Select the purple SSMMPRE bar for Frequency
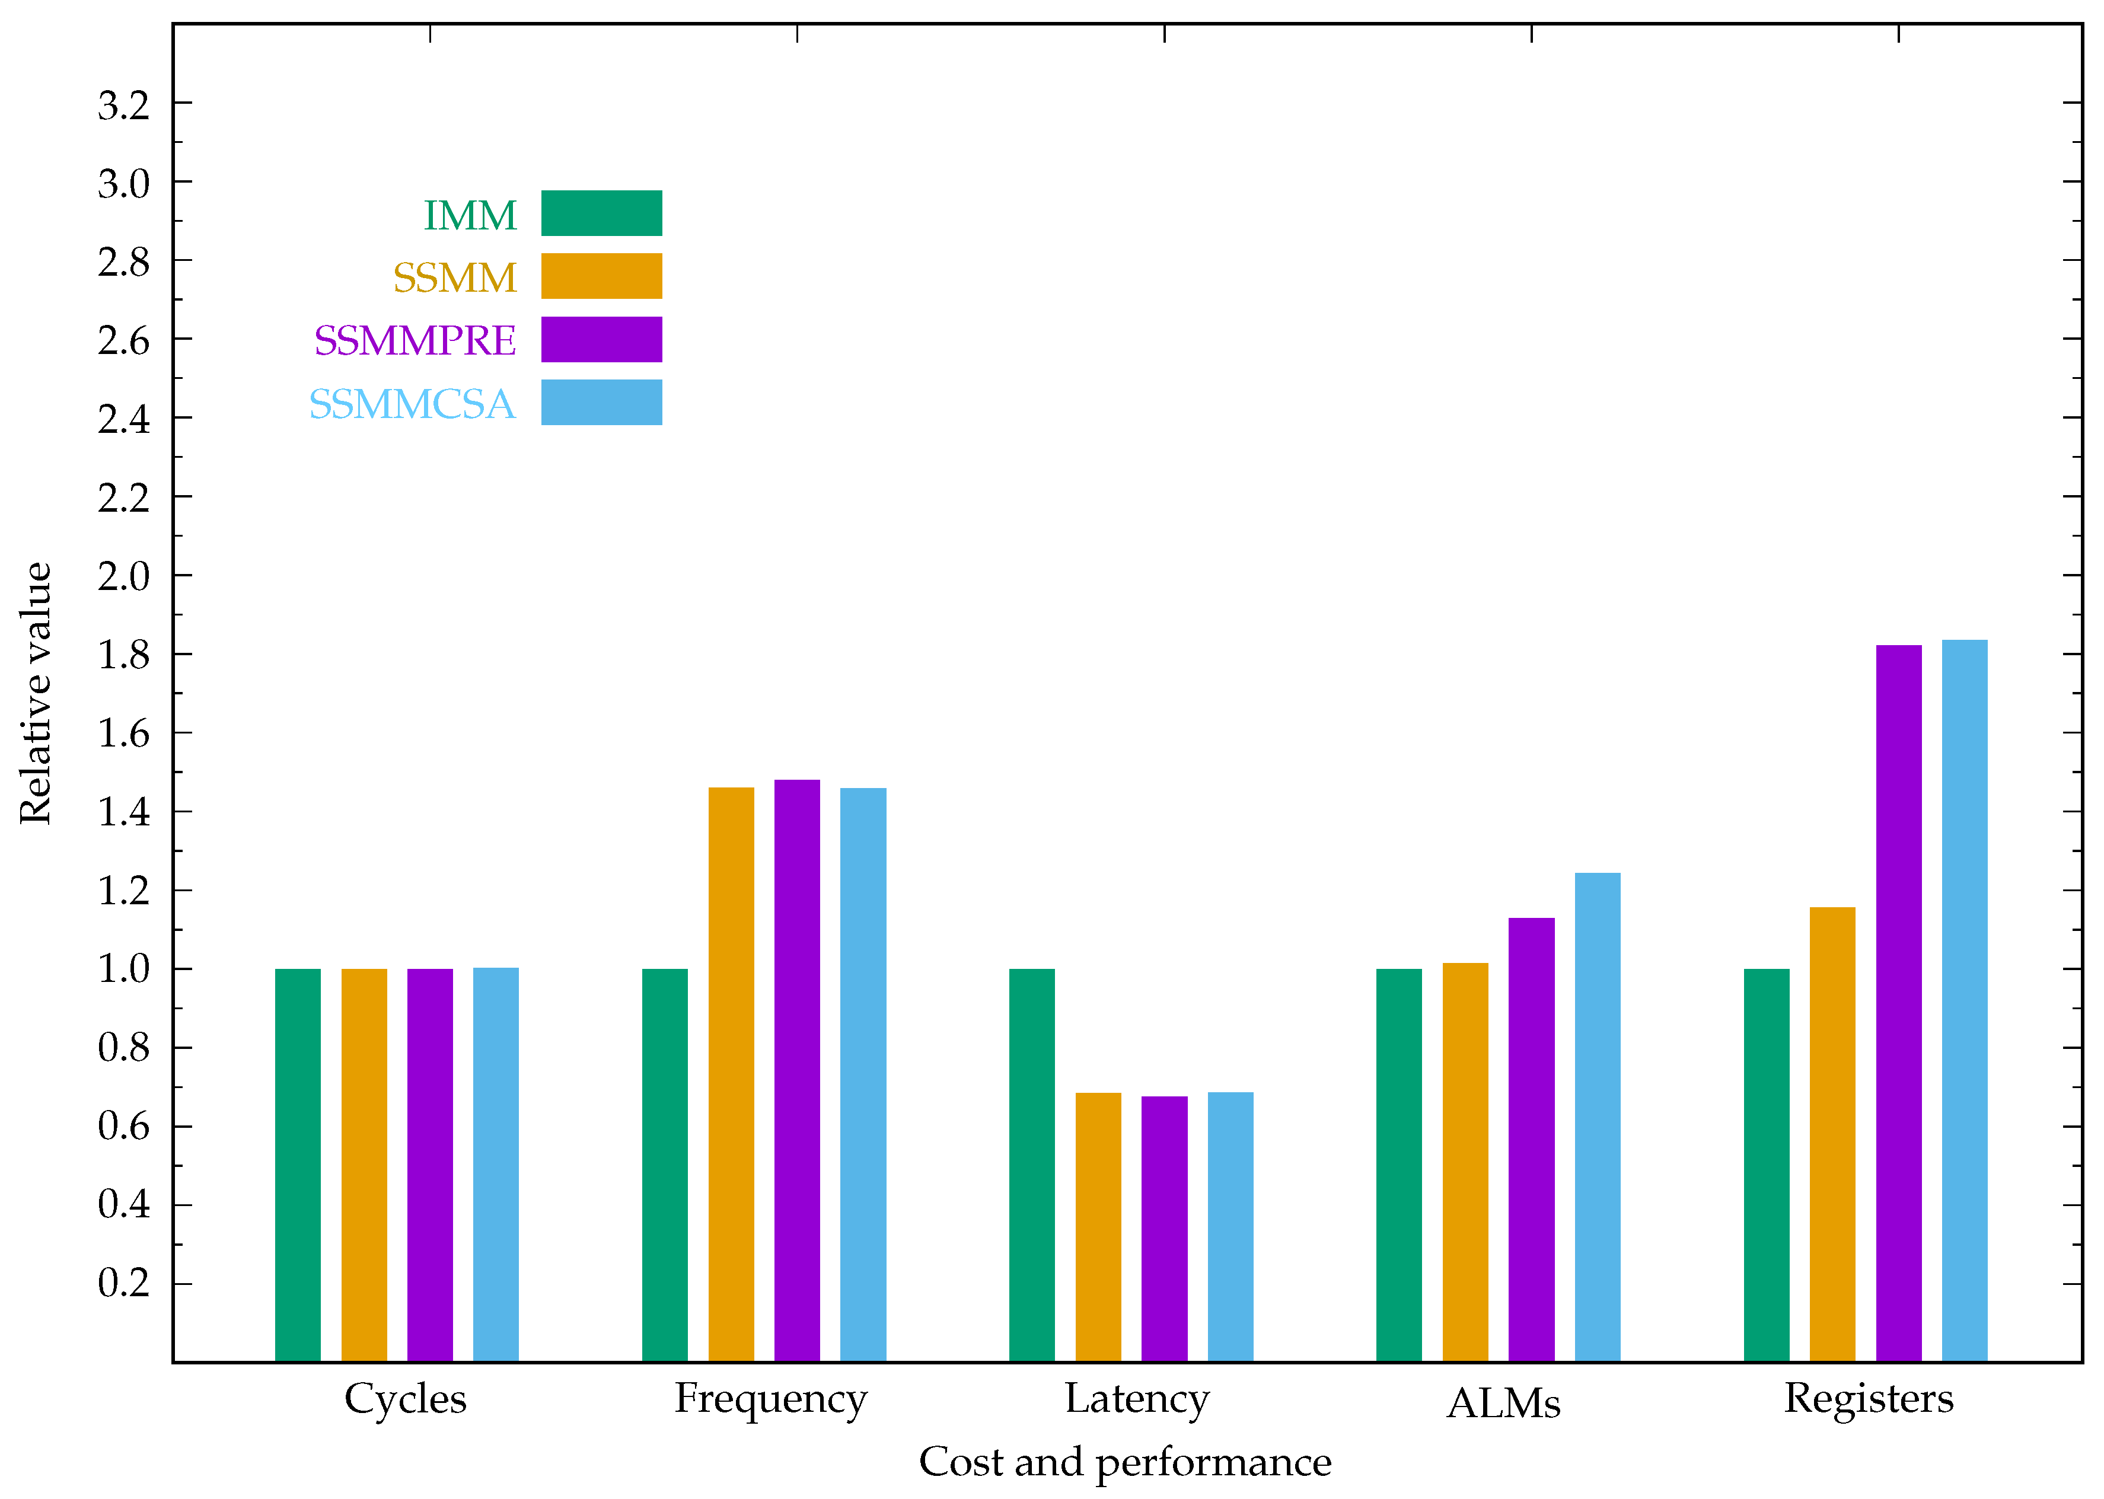[x=797, y=1071]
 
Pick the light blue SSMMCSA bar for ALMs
[x=1597, y=1117]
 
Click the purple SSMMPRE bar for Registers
[x=1898, y=1003]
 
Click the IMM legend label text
[x=470, y=215]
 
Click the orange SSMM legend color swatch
[x=601, y=276]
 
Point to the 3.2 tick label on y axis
[x=124, y=105]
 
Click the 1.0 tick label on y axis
[x=124, y=969]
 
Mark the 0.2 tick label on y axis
[x=124, y=1283]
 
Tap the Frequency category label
[x=770, y=1398]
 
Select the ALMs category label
[x=1503, y=1403]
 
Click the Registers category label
[x=1869, y=1398]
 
